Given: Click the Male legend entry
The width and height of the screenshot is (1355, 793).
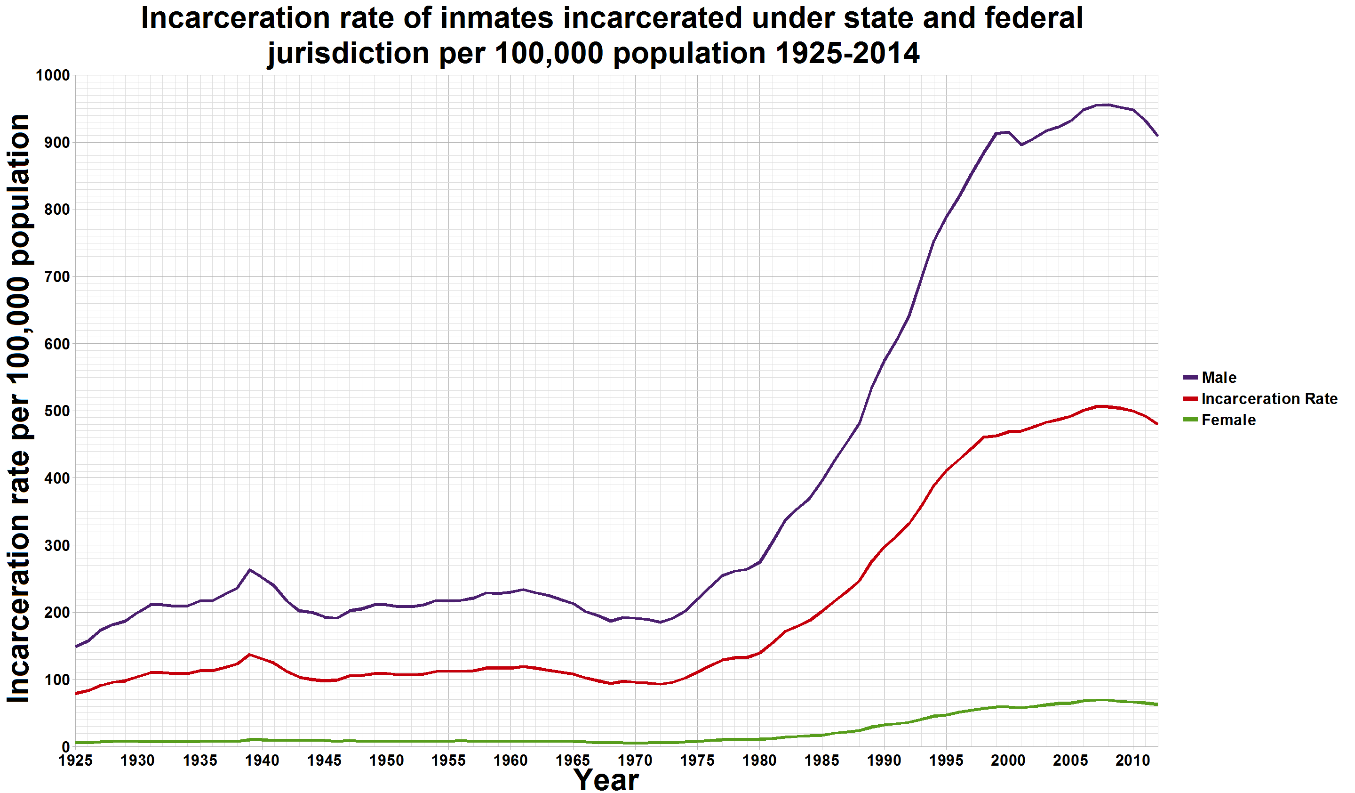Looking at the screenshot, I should coord(1219,378).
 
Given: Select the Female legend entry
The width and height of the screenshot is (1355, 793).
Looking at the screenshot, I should coord(1228,420).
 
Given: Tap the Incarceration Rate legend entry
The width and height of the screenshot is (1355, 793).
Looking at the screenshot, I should coord(1269,399).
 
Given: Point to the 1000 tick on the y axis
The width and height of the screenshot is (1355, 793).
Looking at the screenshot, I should coord(53,75).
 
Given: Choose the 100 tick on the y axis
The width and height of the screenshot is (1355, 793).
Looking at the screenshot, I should coord(56,680).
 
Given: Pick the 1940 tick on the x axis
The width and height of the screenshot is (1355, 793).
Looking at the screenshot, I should coord(263,760).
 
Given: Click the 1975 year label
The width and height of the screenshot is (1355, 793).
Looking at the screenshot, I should coord(697,760).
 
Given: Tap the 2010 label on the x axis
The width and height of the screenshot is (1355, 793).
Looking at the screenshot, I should coord(1132,760).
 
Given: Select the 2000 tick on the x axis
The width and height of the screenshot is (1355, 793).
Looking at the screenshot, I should coord(1008,760).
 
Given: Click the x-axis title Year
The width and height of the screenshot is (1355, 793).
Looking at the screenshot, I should coord(606,779).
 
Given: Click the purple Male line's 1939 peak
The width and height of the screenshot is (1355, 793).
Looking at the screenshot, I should coord(249,570).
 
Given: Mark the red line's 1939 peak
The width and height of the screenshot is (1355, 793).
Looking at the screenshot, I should coord(249,654).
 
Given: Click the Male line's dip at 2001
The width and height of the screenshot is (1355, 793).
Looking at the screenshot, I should coord(1020,145).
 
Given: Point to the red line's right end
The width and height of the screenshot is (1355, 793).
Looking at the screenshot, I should coord(1156,424).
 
